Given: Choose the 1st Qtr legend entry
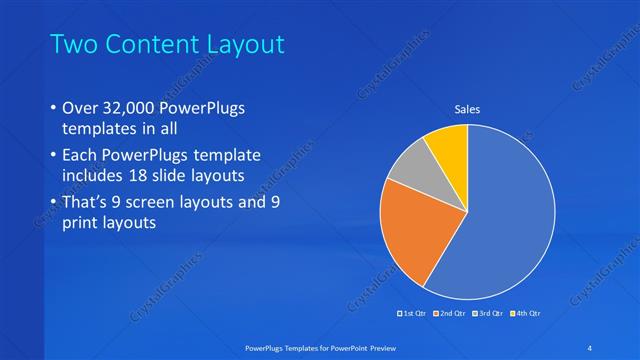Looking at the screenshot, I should tap(412, 314).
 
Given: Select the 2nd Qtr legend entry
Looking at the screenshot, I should tap(451, 314).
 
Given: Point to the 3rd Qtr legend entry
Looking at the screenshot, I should tap(488, 314).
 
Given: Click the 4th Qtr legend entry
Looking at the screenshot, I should tap(526, 314).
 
